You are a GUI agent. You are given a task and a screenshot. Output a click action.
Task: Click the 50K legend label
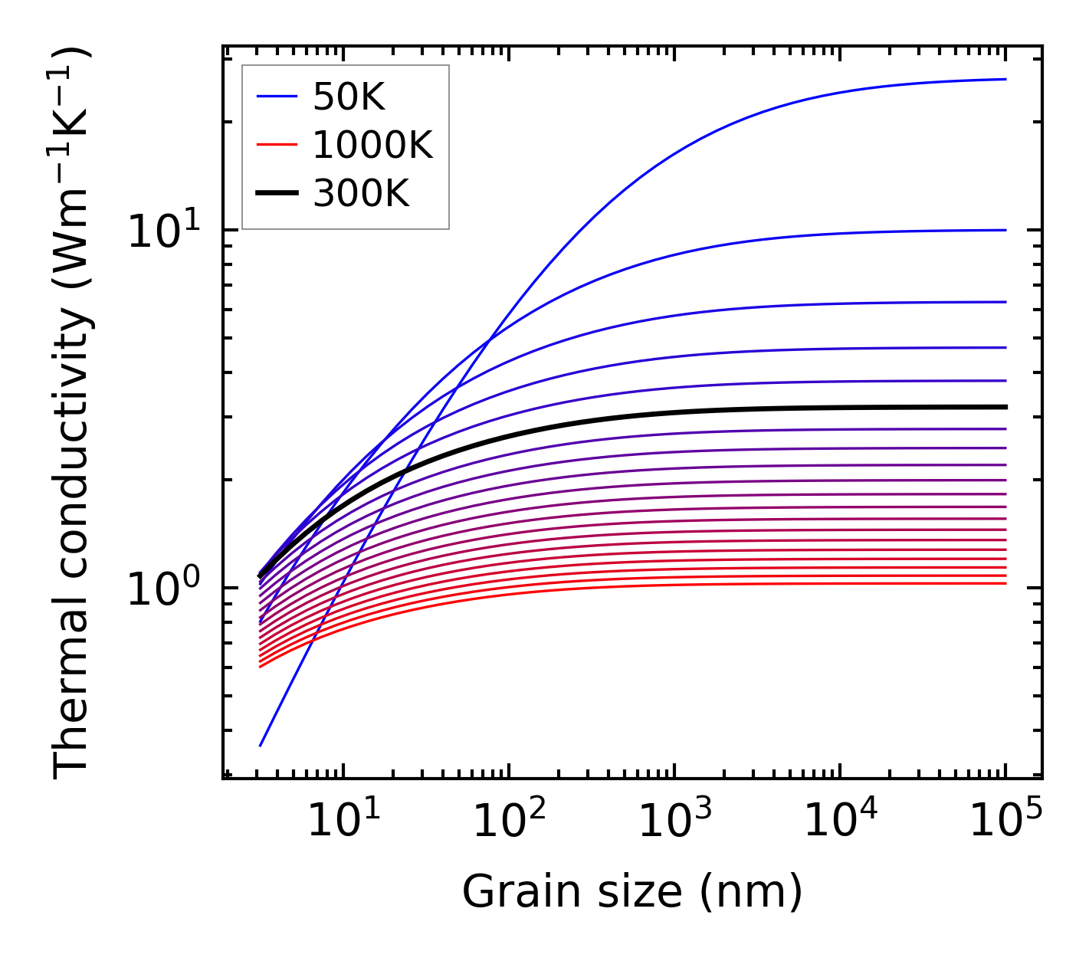(349, 97)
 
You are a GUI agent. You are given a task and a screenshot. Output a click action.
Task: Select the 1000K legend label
(372, 145)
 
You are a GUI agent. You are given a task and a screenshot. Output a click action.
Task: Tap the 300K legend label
(361, 194)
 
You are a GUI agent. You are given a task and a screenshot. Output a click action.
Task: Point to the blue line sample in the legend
(276, 97)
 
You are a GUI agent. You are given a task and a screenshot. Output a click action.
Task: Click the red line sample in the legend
(276, 145)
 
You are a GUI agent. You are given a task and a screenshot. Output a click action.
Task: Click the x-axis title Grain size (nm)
(632, 892)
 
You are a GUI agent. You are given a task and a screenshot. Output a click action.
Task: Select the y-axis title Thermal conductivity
(73, 412)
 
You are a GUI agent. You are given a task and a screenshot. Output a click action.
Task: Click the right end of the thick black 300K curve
(1005, 407)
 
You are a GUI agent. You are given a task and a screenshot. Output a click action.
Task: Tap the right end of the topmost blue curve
(1005, 79)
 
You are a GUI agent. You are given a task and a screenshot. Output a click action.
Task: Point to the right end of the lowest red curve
(1005, 584)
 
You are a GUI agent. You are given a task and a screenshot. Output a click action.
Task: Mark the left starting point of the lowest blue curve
(261, 746)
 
